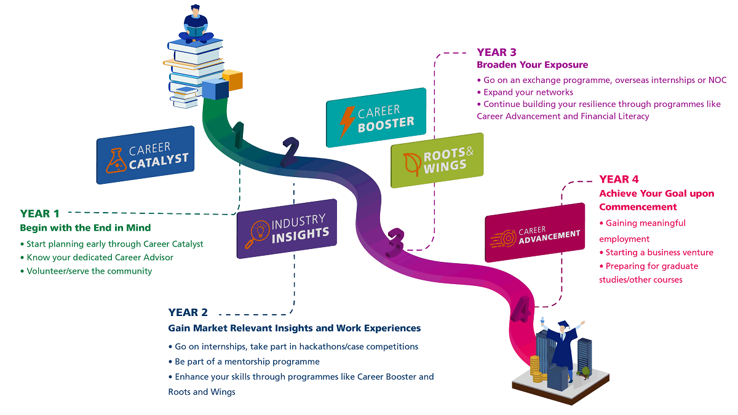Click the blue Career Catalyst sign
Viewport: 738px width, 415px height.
point(145,155)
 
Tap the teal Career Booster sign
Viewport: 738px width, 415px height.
point(376,117)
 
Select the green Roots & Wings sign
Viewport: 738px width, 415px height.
point(437,160)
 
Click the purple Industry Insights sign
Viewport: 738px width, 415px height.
point(287,228)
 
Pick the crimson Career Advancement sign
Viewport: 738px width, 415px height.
point(534,233)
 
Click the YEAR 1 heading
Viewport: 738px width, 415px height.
point(40,214)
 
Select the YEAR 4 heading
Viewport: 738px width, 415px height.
point(619,180)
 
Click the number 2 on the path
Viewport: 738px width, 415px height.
point(289,153)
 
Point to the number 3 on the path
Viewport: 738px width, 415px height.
point(395,240)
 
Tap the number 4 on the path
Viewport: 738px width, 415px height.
point(521,310)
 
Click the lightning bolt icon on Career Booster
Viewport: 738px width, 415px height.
point(347,121)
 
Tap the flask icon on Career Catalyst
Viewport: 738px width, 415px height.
point(116,160)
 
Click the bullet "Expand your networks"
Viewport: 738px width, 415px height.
point(528,92)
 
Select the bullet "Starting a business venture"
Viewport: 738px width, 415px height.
point(656,252)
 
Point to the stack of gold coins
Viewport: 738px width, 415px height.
point(536,368)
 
